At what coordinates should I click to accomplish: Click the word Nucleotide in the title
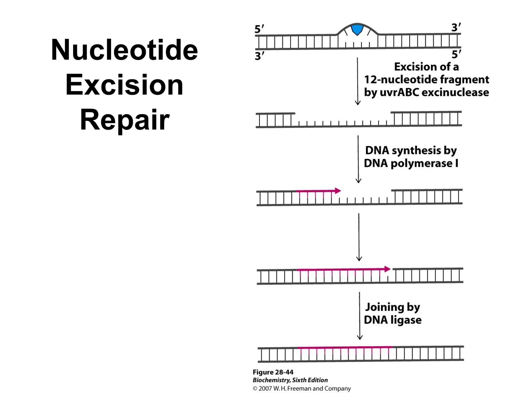click(124, 50)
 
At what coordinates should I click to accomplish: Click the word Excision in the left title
click(124, 85)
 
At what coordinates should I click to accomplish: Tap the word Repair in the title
click(125, 120)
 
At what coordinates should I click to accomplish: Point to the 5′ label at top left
click(259, 29)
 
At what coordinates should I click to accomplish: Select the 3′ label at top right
click(456, 27)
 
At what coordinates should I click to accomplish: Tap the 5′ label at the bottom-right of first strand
click(456, 54)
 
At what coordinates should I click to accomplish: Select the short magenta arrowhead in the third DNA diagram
click(338, 191)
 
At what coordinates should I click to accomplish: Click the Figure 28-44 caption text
click(273, 372)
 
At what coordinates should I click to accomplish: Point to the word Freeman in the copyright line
click(299, 388)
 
